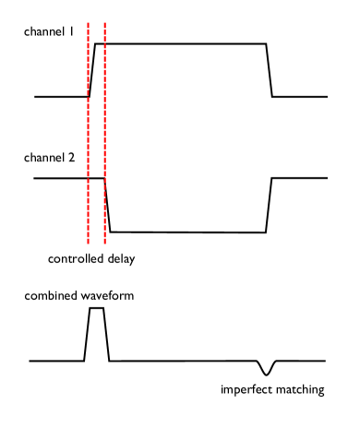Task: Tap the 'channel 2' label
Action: coord(50,158)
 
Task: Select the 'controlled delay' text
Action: coord(91,259)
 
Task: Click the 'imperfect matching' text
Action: coord(272,390)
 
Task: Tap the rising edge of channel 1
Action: coord(92,70)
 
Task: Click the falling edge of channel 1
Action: coord(269,70)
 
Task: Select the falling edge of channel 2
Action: coord(108,205)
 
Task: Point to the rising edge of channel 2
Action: coord(269,205)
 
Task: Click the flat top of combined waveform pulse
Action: coord(97,309)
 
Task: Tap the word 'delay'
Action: coord(119,259)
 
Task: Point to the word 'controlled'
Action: coord(74,259)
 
